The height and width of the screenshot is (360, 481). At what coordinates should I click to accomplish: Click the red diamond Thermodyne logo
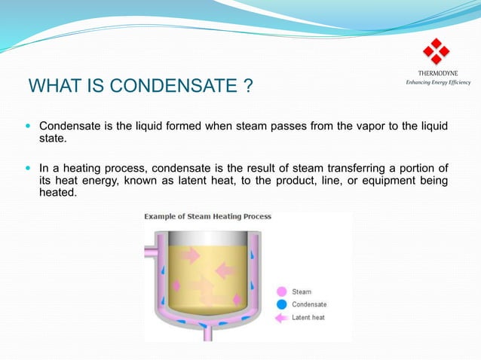click(x=436, y=51)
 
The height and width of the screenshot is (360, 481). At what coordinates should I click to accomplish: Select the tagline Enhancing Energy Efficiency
click(x=438, y=81)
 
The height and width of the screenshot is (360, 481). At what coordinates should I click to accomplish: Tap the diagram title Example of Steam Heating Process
click(x=208, y=217)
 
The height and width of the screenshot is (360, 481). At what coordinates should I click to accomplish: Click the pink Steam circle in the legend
click(x=281, y=291)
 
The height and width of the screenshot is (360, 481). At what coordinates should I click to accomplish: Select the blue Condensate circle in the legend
click(x=281, y=304)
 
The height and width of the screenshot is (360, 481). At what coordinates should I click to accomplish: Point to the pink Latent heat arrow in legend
click(x=281, y=317)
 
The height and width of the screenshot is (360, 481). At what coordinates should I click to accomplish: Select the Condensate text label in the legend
click(x=309, y=304)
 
